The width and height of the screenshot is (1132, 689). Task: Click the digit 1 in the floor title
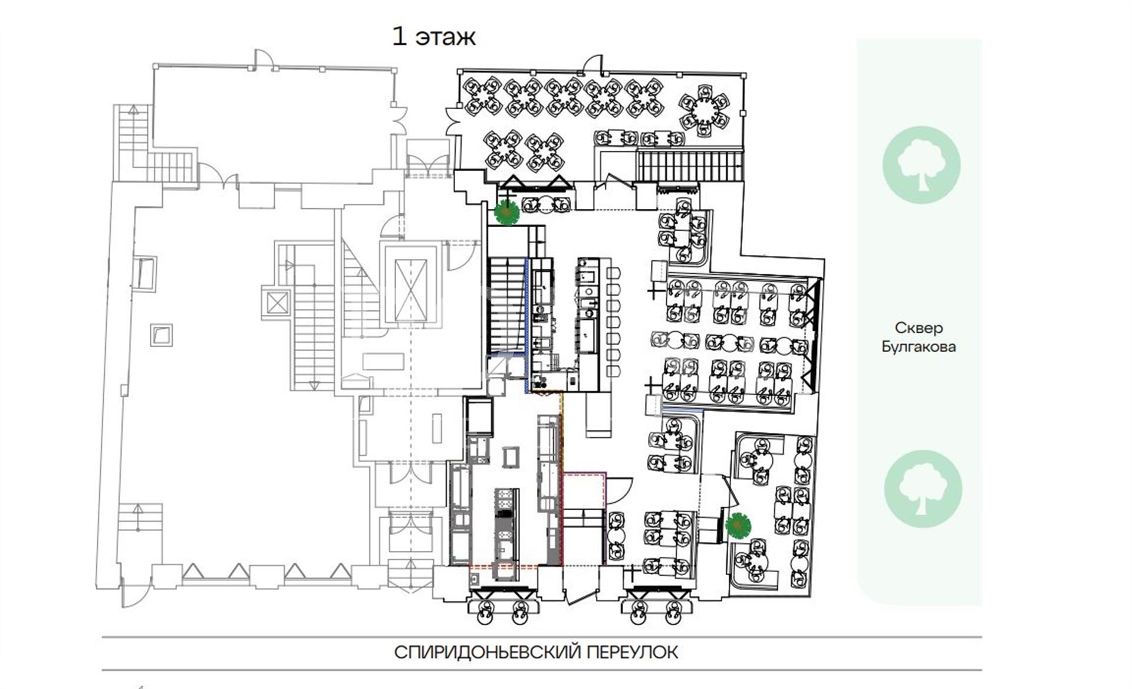point(399,37)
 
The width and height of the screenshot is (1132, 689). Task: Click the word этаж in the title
point(446,38)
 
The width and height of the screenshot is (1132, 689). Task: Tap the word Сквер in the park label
point(919,328)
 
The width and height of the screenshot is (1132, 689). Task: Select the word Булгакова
point(919,347)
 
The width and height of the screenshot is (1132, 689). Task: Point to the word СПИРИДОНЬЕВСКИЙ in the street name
point(488,652)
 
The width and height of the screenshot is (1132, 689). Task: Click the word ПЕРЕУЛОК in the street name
point(633,652)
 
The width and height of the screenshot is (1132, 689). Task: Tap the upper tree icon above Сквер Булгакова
point(921,165)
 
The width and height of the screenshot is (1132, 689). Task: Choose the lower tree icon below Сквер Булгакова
point(923,489)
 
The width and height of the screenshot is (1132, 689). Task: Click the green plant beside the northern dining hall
point(507,212)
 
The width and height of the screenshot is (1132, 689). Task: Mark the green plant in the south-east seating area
point(738,526)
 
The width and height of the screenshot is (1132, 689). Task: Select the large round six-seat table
point(705,111)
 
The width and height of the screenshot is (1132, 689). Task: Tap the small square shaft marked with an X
point(276,303)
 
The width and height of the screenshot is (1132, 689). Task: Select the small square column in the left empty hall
point(161,335)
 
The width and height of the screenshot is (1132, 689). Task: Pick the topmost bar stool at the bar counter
point(614,274)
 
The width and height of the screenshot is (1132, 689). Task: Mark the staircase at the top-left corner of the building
point(133,142)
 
